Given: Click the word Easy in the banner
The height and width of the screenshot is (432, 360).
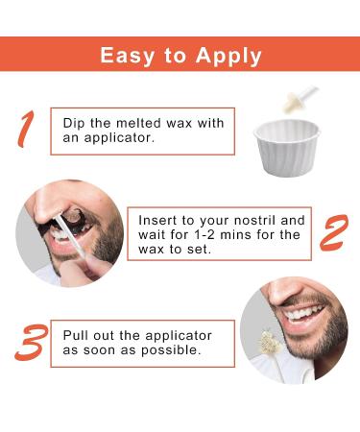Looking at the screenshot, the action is (127, 56).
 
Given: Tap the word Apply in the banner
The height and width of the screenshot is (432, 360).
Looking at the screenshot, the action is (228, 56).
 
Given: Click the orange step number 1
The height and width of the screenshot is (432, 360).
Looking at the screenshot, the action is (26, 130).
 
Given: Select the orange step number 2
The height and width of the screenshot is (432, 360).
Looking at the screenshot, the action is (334, 233).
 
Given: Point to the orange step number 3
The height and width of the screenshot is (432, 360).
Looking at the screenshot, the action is (32, 343).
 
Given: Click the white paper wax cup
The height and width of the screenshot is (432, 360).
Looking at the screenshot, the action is (287, 147).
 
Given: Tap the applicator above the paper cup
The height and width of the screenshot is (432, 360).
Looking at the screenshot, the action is (300, 99).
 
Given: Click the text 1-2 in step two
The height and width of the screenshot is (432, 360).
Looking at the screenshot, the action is (205, 235).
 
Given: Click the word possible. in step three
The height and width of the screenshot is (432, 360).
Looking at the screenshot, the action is (171, 350).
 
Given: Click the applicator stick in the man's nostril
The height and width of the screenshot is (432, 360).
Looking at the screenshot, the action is (69, 235).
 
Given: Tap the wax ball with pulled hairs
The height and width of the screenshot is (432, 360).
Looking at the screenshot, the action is (270, 342).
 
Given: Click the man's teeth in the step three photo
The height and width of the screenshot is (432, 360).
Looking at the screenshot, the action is (304, 312).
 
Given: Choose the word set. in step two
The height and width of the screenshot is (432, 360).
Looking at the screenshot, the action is (199, 250).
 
